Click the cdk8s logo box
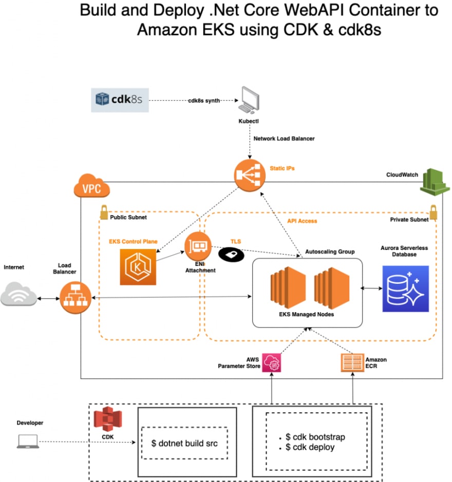(x=120, y=100)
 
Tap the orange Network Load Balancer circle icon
(x=250, y=175)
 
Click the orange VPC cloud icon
(x=92, y=186)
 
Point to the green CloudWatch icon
(x=435, y=182)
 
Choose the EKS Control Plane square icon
(x=138, y=267)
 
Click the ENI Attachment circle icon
(x=198, y=246)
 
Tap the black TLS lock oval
(x=231, y=255)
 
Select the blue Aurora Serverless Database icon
(x=406, y=288)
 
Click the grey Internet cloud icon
(x=18, y=294)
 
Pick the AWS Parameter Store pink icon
(x=271, y=363)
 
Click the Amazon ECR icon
(x=353, y=363)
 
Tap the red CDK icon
(x=108, y=419)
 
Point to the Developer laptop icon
(x=28, y=441)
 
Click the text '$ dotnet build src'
(x=184, y=444)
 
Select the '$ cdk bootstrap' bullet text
(x=315, y=437)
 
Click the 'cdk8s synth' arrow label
(x=204, y=101)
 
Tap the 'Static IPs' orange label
(x=282, y=168)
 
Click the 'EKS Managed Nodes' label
(x=307, y=314)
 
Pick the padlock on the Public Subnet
(x=104, y=212)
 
